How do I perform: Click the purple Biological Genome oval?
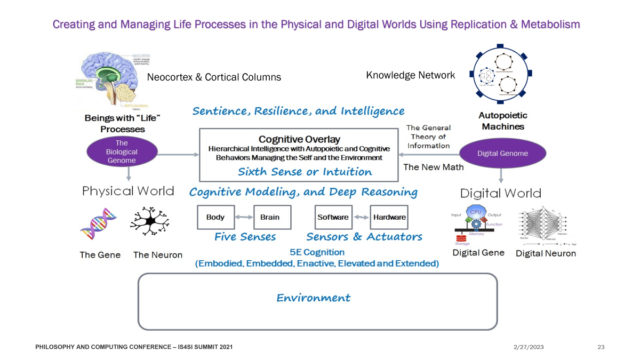point(122,152)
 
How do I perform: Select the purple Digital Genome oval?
point(502,154)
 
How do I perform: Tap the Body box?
point(215,217)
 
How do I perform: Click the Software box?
point(333,217)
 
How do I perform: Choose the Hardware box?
point(389,217)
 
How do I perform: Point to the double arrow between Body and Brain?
point(244,217)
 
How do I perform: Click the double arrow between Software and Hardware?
point(361,217)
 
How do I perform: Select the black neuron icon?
point(150,221)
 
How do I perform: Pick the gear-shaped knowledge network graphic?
point(500,75)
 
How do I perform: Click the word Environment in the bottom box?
point(313,298)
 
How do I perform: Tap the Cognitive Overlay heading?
point(299,139)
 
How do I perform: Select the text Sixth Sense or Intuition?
point(305,172)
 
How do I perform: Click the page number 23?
point(601,347)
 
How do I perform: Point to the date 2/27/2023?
point(528,347)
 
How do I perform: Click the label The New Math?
point(433,167)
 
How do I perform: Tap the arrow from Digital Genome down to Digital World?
point(501,175)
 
